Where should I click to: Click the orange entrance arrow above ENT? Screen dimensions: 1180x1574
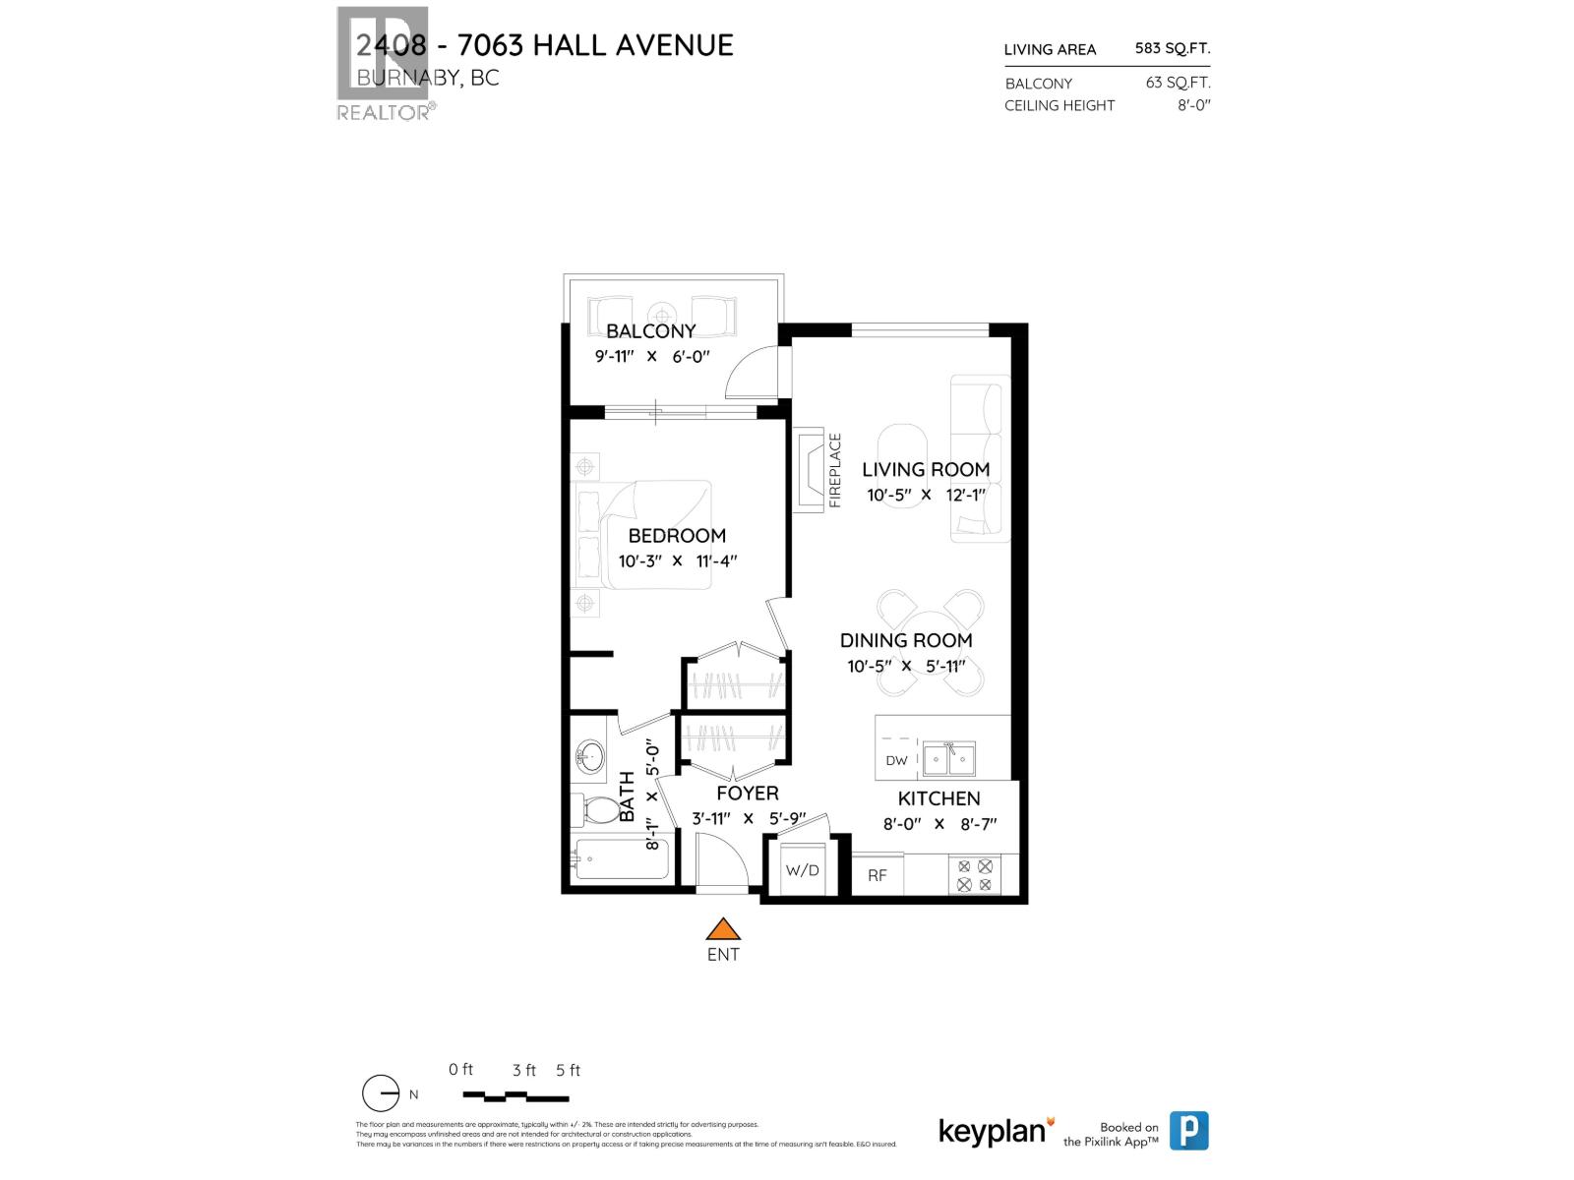coord(723,929)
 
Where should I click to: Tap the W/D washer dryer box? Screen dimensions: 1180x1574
coord(802,870)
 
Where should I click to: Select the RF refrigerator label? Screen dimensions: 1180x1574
coord(877,874)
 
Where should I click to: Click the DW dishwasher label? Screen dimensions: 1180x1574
coord(896,760)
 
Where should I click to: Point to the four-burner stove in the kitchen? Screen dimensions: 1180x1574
coord(974,875)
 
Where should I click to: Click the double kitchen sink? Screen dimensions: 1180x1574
coord(948,759)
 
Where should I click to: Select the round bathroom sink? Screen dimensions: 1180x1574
coord(590,757)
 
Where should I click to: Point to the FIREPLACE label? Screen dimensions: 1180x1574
coord(835,470)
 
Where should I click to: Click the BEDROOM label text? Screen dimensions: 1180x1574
coord(677,536)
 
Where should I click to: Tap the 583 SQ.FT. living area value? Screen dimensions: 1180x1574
coord(1172,48)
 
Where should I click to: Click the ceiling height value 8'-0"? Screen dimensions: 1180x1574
coord(1193,105)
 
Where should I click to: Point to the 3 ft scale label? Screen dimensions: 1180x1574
coord(523,1070)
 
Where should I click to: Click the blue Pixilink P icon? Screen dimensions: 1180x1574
coord(1188,1131)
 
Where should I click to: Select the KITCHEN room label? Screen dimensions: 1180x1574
coord(938,798)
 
